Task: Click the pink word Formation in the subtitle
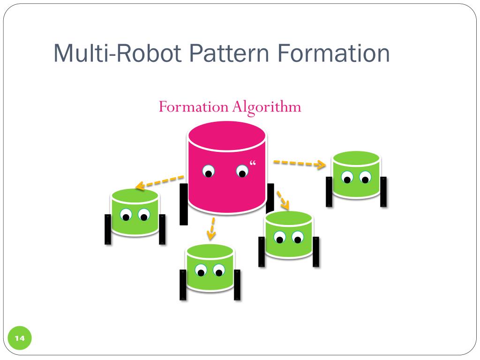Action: coord(193,107)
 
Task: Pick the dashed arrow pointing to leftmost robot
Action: coord(159,182)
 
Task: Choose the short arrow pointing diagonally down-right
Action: coord(282,200)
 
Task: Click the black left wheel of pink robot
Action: coord(184,204)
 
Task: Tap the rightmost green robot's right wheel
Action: coord(384,192)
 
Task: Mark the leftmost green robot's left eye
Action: coord(126,216)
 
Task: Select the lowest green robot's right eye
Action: coord(219,270)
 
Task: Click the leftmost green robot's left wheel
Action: coord(108,229)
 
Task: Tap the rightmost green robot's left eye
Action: coord(347,177)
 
